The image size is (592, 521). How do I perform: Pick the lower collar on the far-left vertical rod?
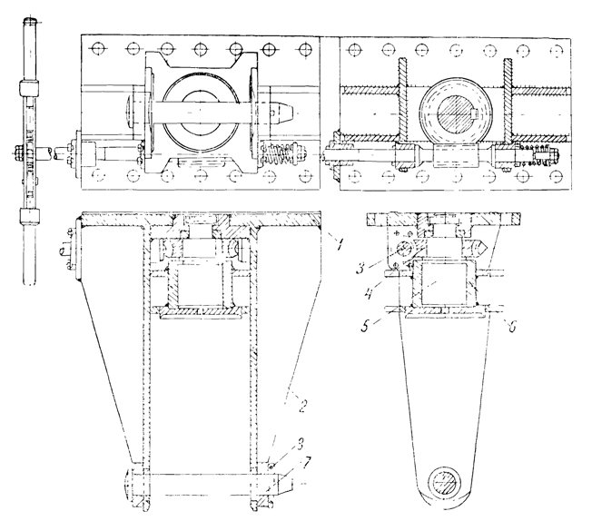pos(31,217)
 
